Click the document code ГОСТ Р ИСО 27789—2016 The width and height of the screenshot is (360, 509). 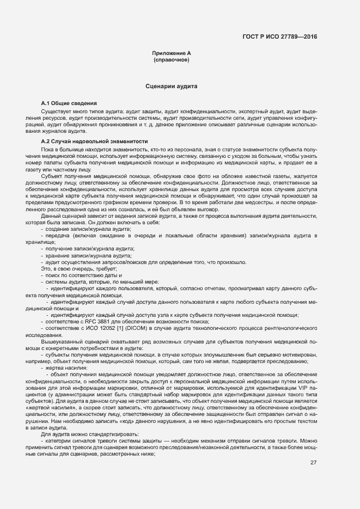tap(279, 37)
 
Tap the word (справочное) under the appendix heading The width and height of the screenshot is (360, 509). tap(172, 59)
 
